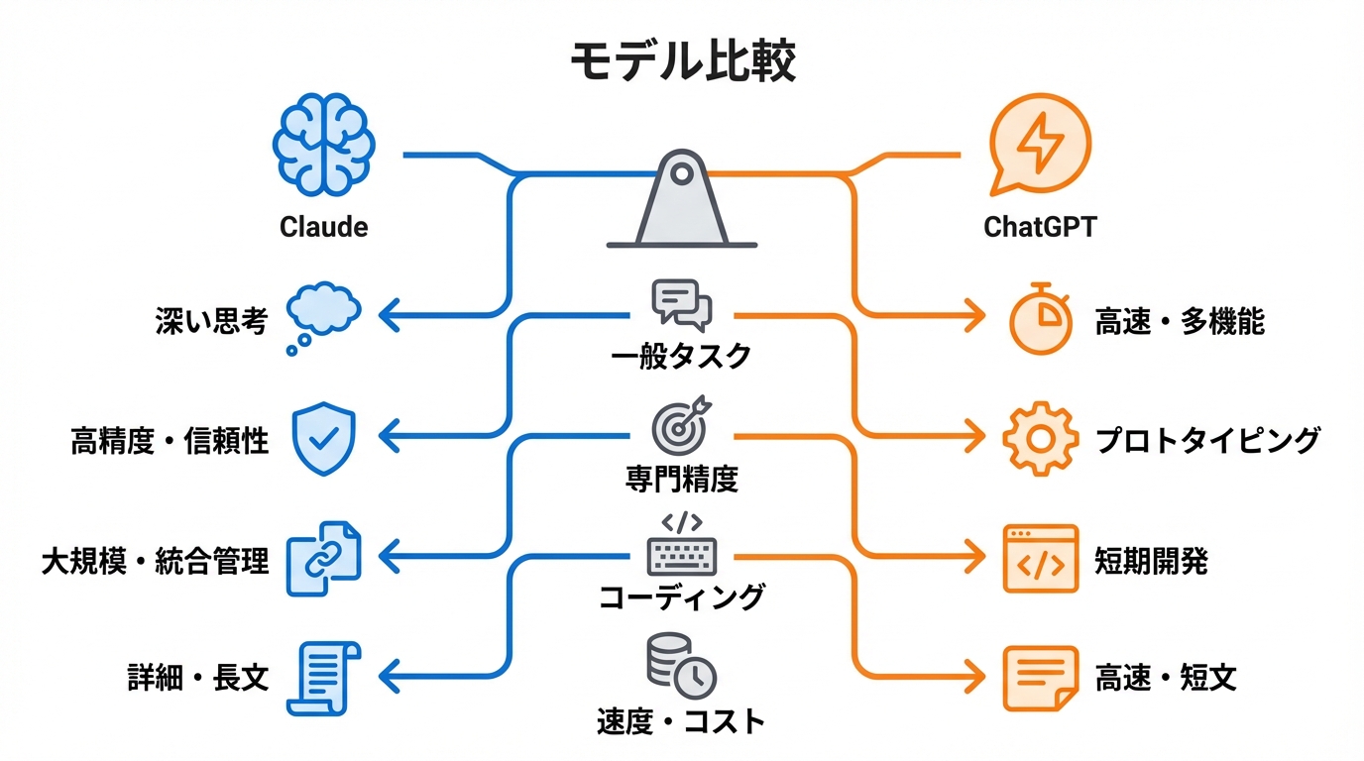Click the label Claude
[324, 227]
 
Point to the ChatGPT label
[1040, 227]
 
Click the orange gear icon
[1040, 439]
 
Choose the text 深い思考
[211, 320]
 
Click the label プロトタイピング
[1207, 440]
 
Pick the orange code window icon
[1040, 559]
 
